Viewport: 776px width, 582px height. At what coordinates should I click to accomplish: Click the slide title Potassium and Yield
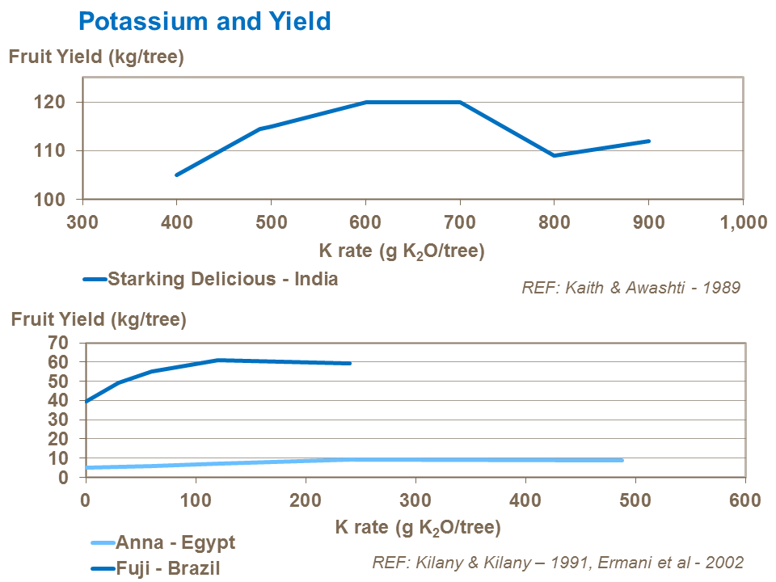pyautogui.click(x=205, y=20)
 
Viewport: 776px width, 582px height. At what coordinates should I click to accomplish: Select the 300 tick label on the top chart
pyautogui.click(x=82, y=223)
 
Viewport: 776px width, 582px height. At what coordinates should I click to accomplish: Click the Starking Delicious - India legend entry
pyautogui.click(x=222, y=280)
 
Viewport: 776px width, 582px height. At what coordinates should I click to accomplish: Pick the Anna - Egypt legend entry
pyautogui.click(x=175, y=542)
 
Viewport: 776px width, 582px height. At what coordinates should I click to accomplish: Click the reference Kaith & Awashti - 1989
pyautogui.click(x=630, y=287)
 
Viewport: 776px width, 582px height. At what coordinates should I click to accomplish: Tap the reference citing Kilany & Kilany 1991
pyautogui.click(x=558, y=562)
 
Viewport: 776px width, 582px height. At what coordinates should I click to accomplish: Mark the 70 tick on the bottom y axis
pyautogui.click(x=62, y=344)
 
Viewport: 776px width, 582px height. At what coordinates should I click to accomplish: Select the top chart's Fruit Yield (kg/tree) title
pyautogui.click(x=96, y=57)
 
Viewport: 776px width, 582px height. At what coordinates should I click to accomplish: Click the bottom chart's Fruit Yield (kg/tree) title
pyautogui.click(x=99, y=319)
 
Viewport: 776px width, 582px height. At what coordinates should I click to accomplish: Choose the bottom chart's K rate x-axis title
pyautogui.click(x=418, y=529)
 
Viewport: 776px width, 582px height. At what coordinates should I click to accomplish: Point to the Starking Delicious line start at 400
pyautogui.click(x=176, y=175)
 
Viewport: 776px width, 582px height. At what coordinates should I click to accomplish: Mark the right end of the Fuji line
pyautogui.click(x=350, y=363)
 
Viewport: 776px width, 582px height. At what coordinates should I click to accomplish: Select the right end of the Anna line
pyautogui.click(x=622, y=460)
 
